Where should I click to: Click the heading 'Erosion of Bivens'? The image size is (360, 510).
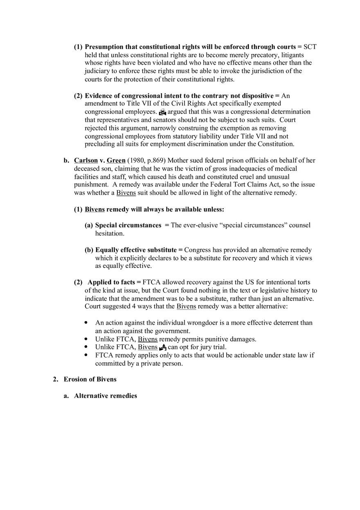(90, 379)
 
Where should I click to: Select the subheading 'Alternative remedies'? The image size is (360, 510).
(105, 395)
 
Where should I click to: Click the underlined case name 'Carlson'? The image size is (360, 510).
(85, 160)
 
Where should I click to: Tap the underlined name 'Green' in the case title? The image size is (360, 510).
(116, 160)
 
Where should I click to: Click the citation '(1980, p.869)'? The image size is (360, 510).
(146, 160)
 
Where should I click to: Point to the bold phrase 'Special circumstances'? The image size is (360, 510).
(128, 225)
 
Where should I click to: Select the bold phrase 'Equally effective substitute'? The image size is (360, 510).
(136, 249)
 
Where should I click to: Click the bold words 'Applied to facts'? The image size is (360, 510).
(111, 282)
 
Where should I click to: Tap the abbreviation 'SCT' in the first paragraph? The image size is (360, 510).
(310, 47)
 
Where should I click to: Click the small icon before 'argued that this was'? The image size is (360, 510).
(162, 112)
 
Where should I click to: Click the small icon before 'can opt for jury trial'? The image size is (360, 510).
(162, 347)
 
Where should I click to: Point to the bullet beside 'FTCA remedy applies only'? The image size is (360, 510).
(86, 355)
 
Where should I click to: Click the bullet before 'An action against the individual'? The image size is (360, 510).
(86, 323)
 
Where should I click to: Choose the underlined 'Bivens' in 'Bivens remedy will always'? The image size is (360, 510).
(94, 209)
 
